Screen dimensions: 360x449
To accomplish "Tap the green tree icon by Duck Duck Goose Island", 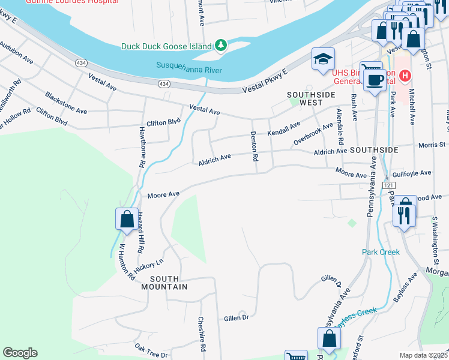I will click(x=221, y=46).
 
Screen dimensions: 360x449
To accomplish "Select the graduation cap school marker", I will click(x=323, y=59).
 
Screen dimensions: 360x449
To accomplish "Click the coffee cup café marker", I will click(x=376, y=80).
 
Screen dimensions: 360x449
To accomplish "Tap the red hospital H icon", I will click(x=405, y=76).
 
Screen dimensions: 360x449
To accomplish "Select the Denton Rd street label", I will click(x=254, y=146).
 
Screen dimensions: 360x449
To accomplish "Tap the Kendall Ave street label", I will click(x=283, y=128).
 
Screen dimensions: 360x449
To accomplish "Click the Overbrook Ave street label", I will click(x=313, y=134).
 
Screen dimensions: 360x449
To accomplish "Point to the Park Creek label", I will click(x=381, y=252).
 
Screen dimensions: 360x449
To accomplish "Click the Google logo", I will click(x=20, y=353).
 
